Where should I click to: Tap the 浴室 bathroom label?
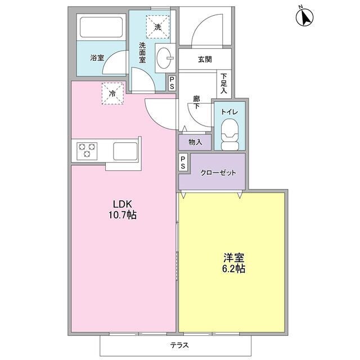pyautogui.click(x=97, y=57)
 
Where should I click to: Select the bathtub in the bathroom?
pyautogui.click(x=101, y=28)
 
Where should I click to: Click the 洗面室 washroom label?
pyautogui.click(x=143, y=52)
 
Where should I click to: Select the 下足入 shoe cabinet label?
pyautogui.click(x=224, y=83)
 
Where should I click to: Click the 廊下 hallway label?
pyautogui.click(x=196, y=102)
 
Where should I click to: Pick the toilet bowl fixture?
pyautogui.click(x=230, y=137)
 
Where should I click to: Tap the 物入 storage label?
pyautogui.click(x=195, y=142)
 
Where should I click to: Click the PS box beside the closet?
pyautogui.click(x=183, y=163)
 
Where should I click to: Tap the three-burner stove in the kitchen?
pyautogui.click(x=87, y=150)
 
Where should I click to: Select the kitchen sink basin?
pyautogui.click(x=125, y=151)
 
